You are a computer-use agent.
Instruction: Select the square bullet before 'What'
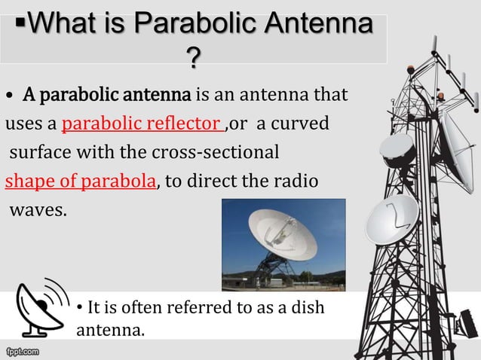pos(23,25)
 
